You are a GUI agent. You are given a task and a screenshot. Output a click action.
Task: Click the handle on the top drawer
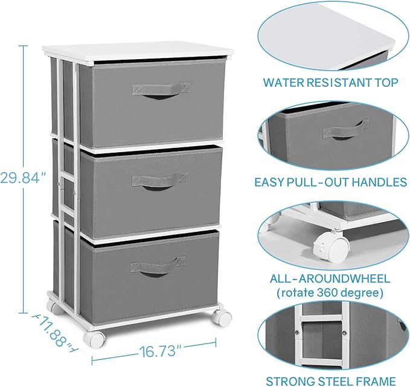coord(161,91)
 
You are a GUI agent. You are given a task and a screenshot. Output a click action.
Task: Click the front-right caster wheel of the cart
coord(224,318)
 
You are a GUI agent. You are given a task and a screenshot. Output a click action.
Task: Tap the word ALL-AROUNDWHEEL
coord(329,279)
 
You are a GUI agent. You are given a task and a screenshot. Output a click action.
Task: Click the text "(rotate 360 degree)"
coord(329,293)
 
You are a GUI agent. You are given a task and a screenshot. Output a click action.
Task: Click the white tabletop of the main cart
coord(139,51)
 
